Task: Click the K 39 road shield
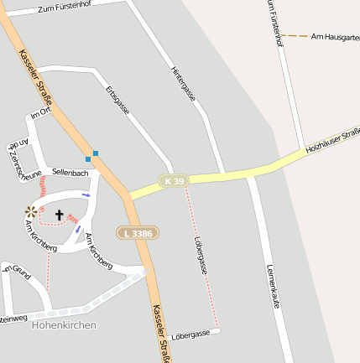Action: pyautogui.click(x=175, y=180)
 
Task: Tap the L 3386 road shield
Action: pyautogui.click(x=136, y=232)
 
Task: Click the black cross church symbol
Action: pyautogui.click(x=60, y=215)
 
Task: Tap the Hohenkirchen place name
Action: pyautogui.click(x=64, y=324)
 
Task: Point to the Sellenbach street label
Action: pyautogui.click(x=70, y=172)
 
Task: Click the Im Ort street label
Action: pyautogui.click(x=40, y=114)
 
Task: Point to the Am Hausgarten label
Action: pyautogui.click(x=335, y=37)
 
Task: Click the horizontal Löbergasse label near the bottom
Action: pyautogui.click(x=190, y=334)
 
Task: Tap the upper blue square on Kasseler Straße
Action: pyautogui.click(x=96, y=153)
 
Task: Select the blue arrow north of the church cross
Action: pyautogui.click(x=86, y=194)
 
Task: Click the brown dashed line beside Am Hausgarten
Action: pyautogui.click(x=294, y=36)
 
